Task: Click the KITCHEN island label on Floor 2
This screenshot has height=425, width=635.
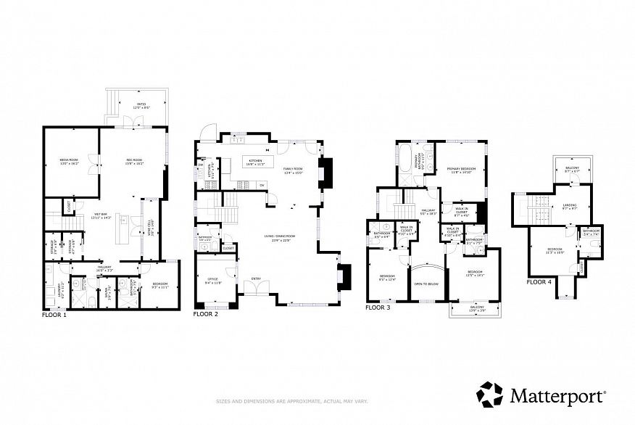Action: (x=256, y=162)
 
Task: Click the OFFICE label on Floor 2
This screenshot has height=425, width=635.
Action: (x=213, y=282)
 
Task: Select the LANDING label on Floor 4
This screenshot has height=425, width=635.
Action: (x=570, y=205)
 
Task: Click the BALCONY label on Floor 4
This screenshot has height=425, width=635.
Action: (x=573, y=168)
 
